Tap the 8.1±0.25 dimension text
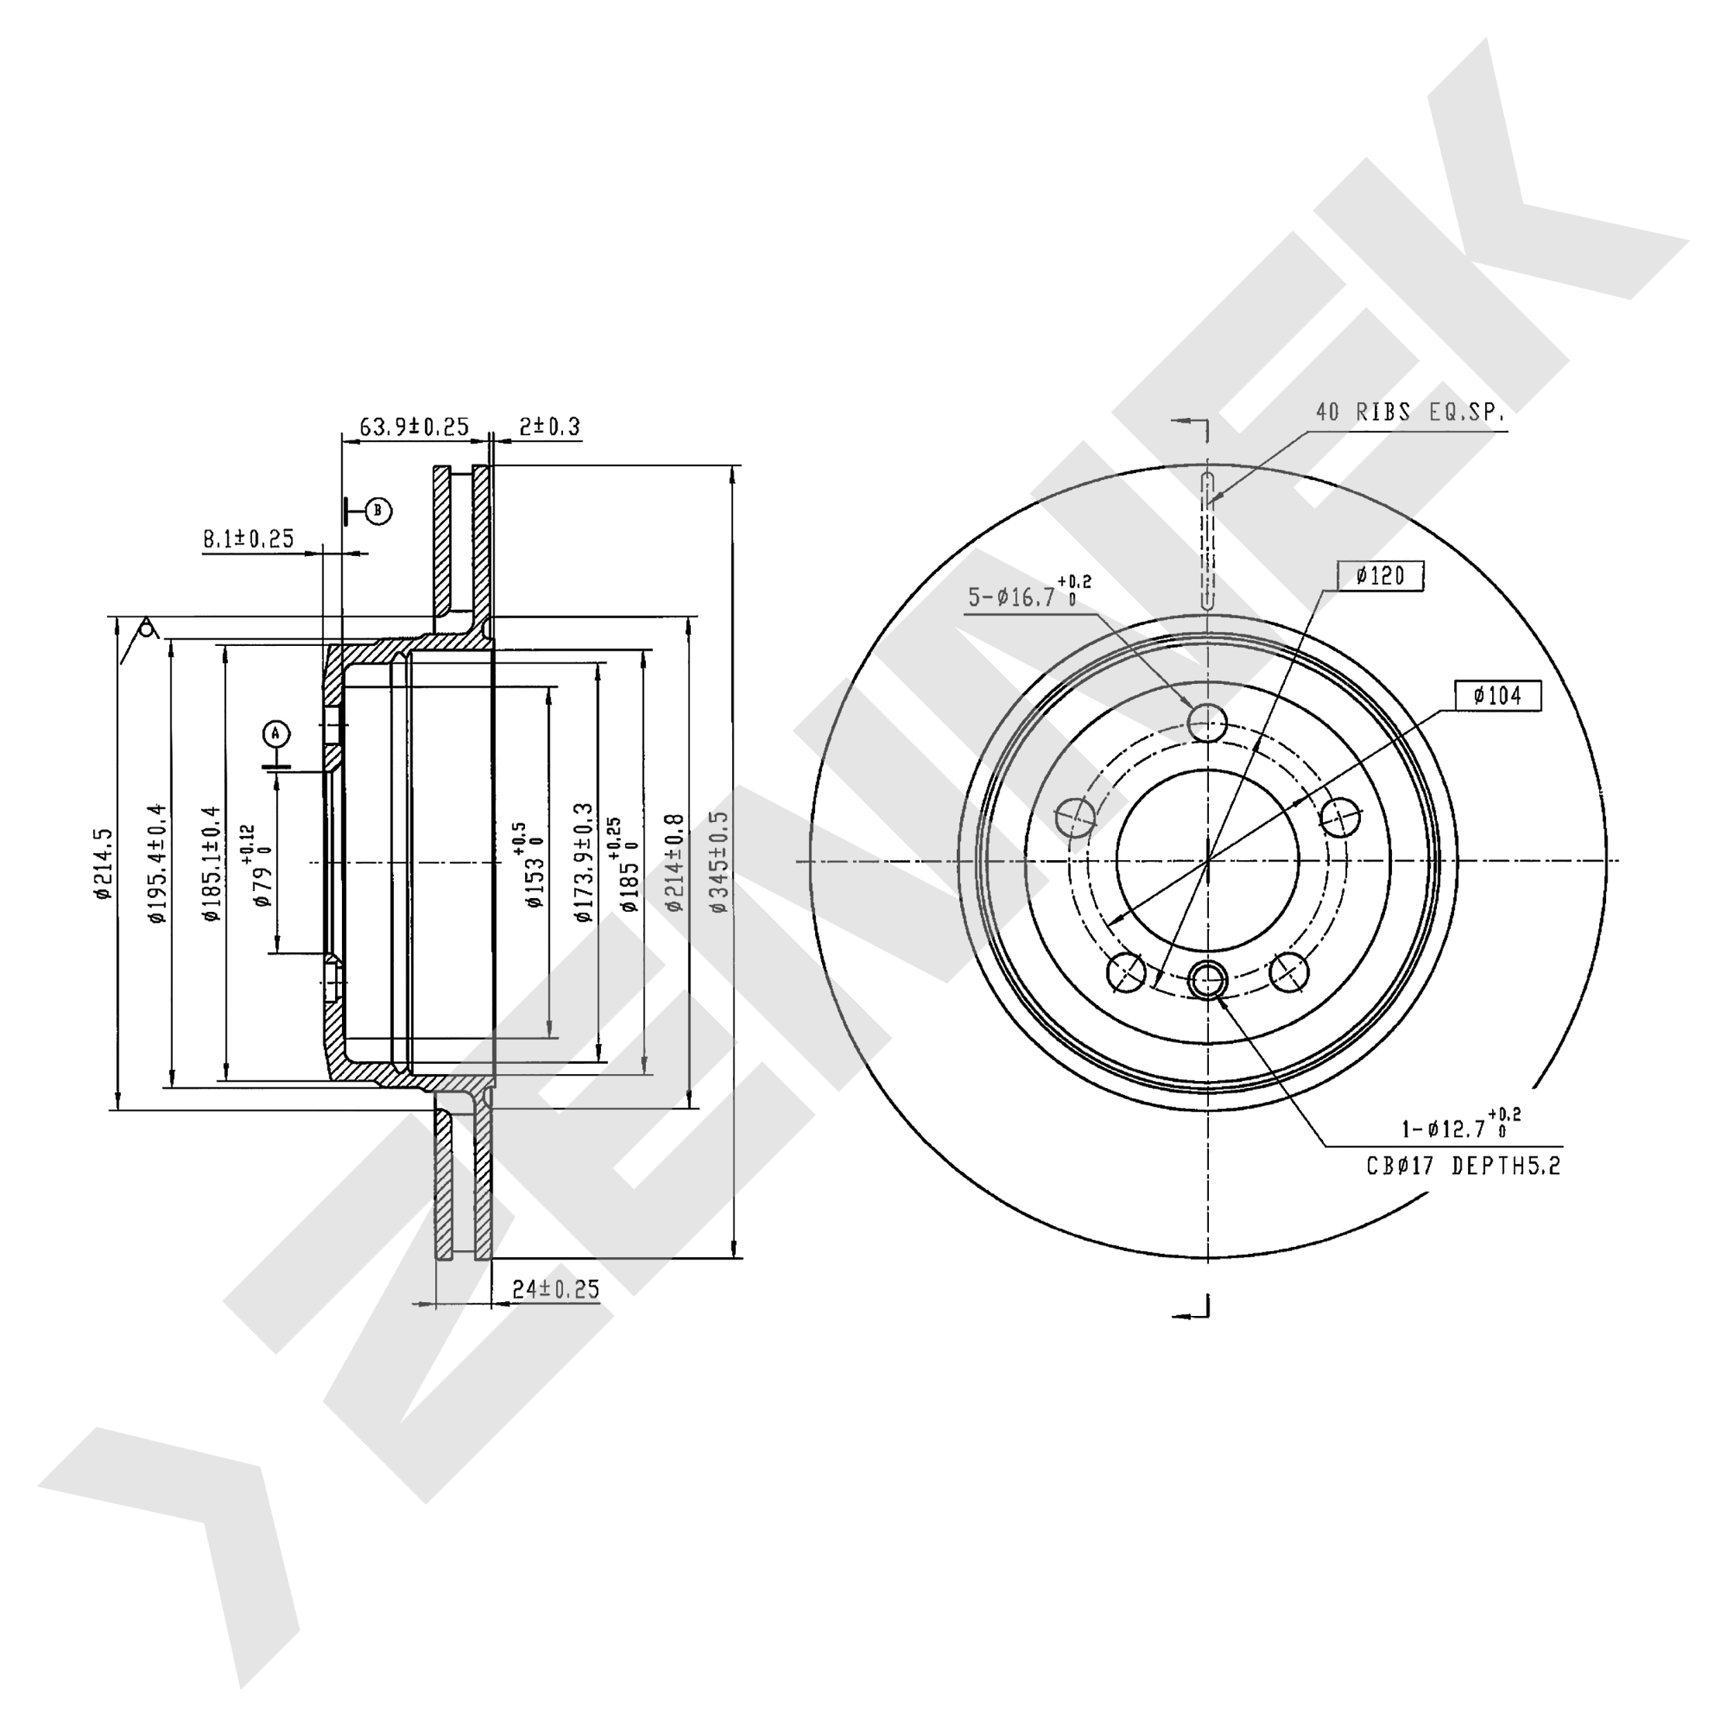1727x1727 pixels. coord(249,539)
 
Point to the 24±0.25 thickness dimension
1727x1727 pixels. coord(555,1289)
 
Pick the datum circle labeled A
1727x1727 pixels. coord(276,734)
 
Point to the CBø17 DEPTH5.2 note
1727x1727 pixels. coord(1463,1165)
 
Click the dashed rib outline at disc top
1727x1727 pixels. coord(1208,541)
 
